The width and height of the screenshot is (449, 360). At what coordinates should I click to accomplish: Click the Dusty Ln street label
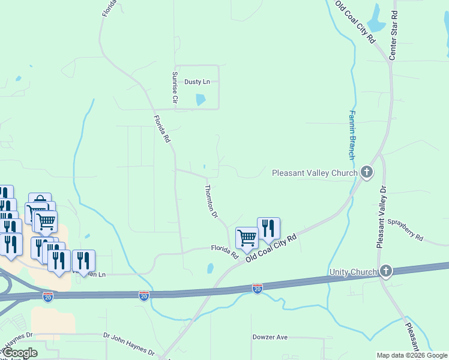pyautogui.click(x=197, y=82)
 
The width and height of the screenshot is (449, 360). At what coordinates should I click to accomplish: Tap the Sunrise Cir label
pyautogui.click(x=175, y=86)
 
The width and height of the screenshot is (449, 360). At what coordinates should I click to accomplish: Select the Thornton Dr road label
pyautogui.click(x=211, y=201)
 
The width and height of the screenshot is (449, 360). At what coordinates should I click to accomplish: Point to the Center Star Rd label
pyautogui.click(x=394, y=35)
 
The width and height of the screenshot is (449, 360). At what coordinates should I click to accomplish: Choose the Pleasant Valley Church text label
pyautogui.click(x=315, y=173)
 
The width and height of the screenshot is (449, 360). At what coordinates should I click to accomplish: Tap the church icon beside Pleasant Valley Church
pyautogui.click(x=367, y=173)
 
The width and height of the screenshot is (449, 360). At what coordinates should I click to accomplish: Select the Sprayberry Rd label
pyautogui.click(x=405, y=230)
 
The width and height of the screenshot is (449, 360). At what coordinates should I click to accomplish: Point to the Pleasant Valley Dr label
pyautogui.click(x=381, y=217)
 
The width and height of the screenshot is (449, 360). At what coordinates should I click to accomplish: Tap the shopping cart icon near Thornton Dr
pyautogui.click(x=247, y=238)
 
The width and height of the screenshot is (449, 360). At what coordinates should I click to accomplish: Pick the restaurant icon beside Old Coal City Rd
pyautogui.click(x=268, y=228)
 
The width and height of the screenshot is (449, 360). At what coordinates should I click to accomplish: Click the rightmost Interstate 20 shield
pyautogui.click(x=258, y=289)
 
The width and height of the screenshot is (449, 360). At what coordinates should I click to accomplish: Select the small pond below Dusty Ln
pyautogui.click(x=200, y=100)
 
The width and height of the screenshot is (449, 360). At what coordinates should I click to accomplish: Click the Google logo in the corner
pyautogui.click(x=20, y=353)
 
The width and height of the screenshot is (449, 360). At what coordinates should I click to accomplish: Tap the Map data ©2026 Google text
pyautogui.click(x=412, y=355)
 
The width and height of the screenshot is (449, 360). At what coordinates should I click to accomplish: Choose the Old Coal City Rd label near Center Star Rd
pyautogui.click(x=355, y=22)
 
